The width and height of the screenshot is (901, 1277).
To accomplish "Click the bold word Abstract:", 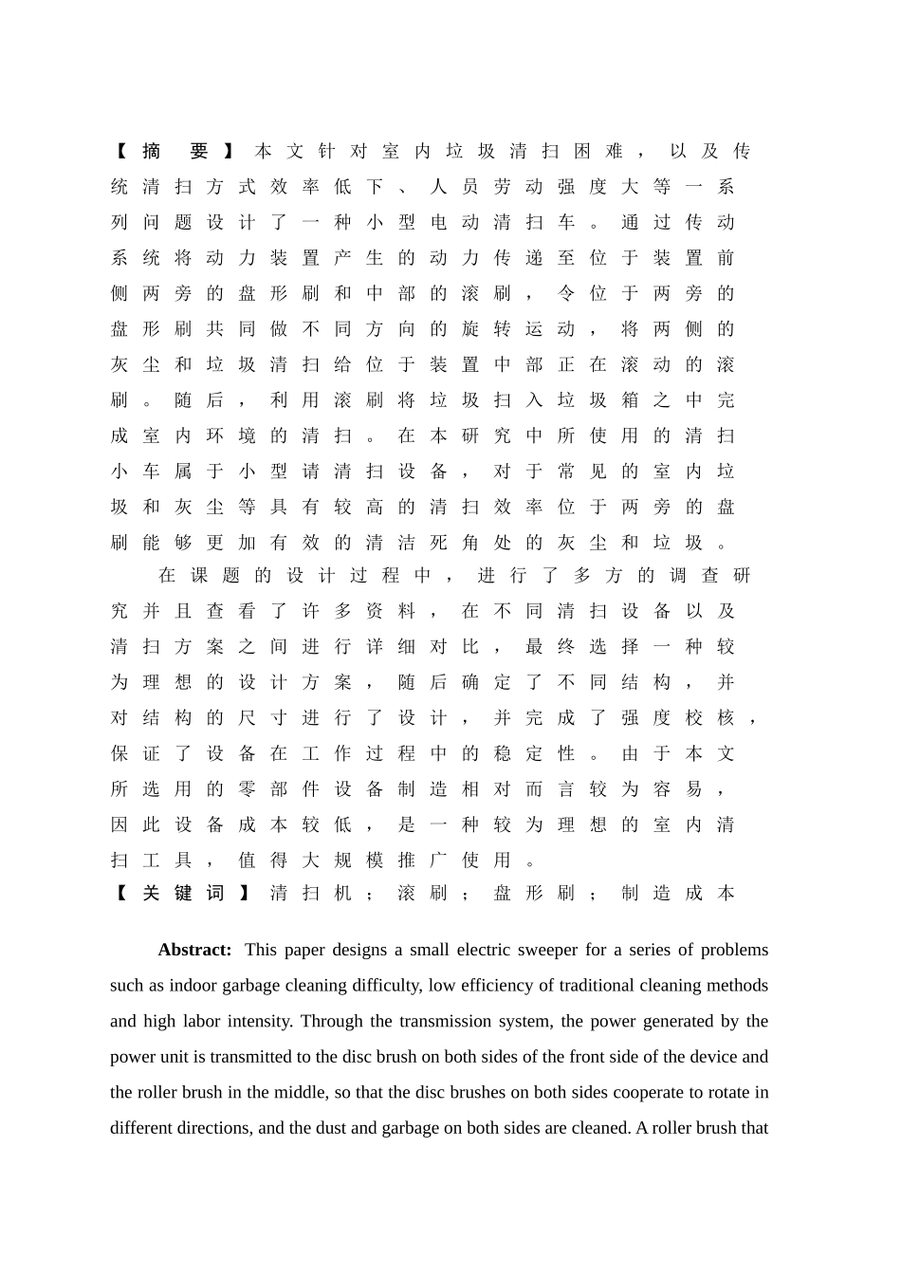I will [194, 950].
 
